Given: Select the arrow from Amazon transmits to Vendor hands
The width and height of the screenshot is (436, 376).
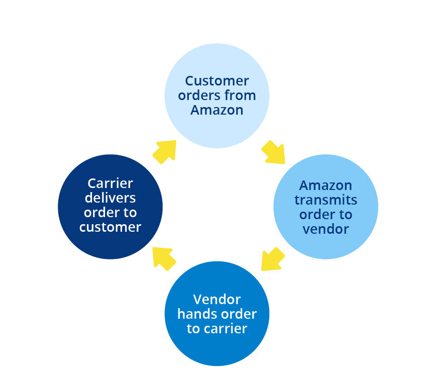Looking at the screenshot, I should (272, 259).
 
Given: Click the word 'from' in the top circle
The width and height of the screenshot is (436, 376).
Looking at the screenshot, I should (239, 96).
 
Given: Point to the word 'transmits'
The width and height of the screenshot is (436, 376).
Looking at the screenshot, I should (325, 200).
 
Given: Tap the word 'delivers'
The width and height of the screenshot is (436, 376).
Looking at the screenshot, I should (110, 198).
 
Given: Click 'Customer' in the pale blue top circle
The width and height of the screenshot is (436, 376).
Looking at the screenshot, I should (217, 81).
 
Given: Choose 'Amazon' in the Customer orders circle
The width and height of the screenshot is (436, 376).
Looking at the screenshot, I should (217, 110).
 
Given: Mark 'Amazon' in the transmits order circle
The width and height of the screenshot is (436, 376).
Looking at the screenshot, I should (325, 185).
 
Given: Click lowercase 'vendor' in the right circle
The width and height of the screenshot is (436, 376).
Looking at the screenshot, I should (325, 229).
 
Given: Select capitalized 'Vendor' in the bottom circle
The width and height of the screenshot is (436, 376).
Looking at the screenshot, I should (217, 300).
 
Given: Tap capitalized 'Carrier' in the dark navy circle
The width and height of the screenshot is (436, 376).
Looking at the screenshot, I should (110, 183).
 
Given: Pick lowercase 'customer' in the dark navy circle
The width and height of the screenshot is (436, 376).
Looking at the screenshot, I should (110, 227).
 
